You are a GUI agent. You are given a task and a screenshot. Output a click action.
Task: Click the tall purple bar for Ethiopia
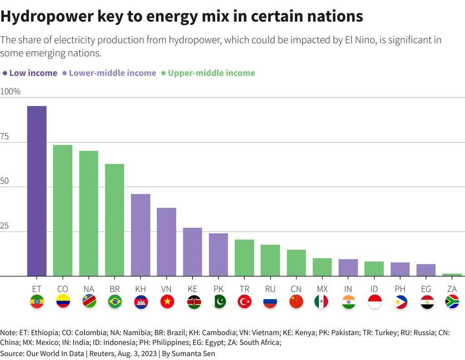click(x=37, y=191)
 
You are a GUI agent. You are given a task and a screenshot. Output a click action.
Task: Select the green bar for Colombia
click(x=63, y=210)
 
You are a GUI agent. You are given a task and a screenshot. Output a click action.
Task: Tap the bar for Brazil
click(x=114, y=220)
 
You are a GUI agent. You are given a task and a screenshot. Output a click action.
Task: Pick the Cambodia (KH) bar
click(x=141, y=235)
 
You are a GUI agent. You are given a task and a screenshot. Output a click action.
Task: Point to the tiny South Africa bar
click(x=452, y=275)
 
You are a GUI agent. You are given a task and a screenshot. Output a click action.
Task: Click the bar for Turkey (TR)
click(x=244, y=257)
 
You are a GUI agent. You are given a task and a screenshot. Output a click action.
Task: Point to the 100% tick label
click(x=10, y=92)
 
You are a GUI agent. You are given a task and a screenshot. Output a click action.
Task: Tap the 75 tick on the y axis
click(x=5, y=137)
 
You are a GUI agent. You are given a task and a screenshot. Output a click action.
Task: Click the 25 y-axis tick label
click(x=5, y=226)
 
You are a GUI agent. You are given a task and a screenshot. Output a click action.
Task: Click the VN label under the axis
click(x=167, y=289)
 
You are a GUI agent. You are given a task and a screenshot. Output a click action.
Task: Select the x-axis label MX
click(x=322, y=289)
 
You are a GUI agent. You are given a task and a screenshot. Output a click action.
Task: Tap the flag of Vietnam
click(x=167, y=302)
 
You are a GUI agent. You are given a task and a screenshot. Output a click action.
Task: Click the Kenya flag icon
click(x=193, y=302)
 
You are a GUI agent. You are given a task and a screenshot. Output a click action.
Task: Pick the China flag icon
click(x=296, y=302)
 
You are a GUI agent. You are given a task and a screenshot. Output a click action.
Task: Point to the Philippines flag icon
click(x=400, y=302)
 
